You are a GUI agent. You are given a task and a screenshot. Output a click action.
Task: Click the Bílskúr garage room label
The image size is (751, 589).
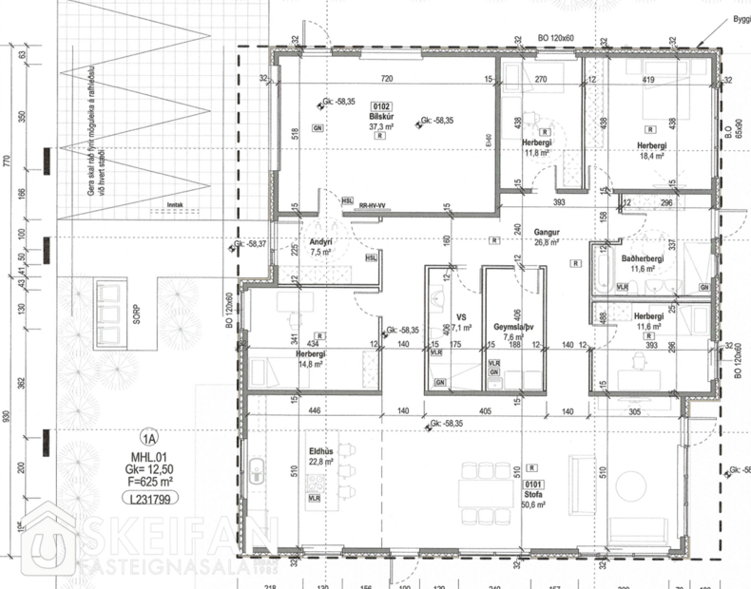(x=381, y=116)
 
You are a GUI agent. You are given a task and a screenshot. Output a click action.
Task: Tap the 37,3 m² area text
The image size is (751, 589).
(x=381, y=125)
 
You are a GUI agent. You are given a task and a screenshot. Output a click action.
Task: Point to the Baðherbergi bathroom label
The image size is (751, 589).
(x=641, y=258)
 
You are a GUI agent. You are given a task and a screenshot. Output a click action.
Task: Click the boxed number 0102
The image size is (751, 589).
(x=381, y=106)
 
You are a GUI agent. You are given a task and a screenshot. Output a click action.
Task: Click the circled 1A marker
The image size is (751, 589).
(x=147, y=438)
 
